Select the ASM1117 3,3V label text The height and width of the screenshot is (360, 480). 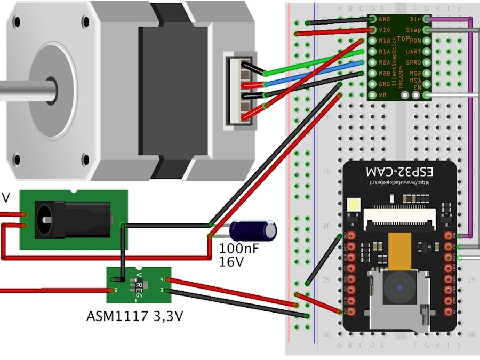135,316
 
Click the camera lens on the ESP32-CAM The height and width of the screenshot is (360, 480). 399,288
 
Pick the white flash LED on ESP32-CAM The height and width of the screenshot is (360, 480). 353,204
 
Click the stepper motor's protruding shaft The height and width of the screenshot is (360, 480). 27,88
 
